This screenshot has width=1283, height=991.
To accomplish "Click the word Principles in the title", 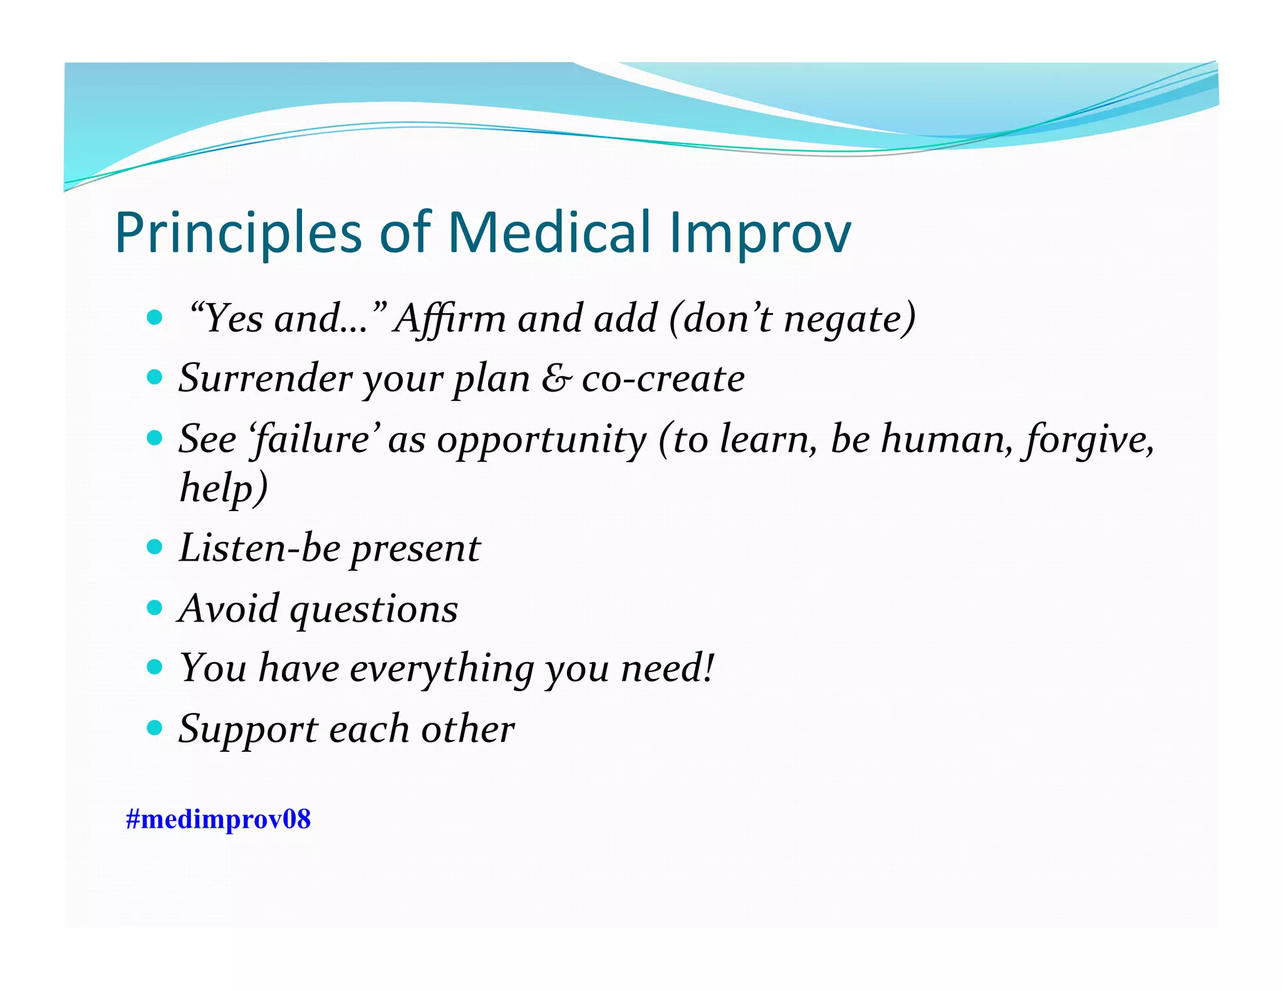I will pyautogui.click(x=238, y=233).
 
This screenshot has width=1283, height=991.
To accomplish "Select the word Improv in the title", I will pyautogui.click(x=760, y=233).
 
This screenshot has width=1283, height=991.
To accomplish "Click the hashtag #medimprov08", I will pyautogui.click(x=218, y=819).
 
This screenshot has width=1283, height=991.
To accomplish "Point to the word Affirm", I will pyautogui.click(x=450, y=318).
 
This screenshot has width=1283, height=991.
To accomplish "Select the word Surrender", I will pyautogui.click(x=266, y=378).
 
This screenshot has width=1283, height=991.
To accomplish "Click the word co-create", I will pyautogui.click(x=663, y=378).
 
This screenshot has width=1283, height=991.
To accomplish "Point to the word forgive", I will pyautogui.click(x=1089, y=440).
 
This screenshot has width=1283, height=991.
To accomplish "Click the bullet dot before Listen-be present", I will pyautogui.click(x=154, y=547).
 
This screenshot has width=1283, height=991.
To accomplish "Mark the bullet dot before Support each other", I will pyautogui.click(x=154, y=728).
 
